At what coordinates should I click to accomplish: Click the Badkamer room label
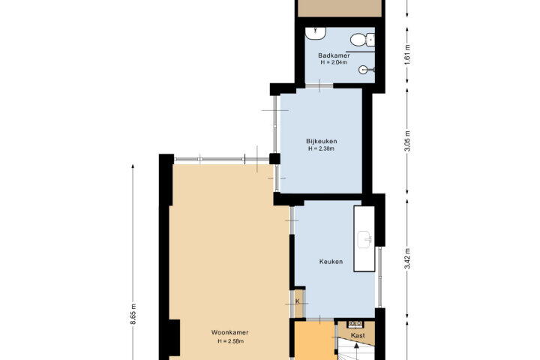(334, 55)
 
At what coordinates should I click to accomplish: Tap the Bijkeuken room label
(321, 141)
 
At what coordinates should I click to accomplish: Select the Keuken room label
(331, 262)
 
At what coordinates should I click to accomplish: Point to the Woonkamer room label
(229, 333)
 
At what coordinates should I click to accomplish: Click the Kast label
(358, 335)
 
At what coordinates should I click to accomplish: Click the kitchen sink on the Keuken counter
(364, 240)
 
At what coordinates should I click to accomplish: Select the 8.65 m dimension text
(133, 313)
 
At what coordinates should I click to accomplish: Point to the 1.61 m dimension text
(407, 55)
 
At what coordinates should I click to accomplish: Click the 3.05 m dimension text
(407, 141)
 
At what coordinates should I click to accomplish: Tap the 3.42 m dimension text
(407, 259)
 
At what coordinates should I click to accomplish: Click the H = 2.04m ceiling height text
(334, 62)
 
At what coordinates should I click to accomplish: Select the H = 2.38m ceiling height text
(321, 148)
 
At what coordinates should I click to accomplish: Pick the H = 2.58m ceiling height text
(230, 341)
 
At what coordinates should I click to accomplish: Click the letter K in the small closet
(298, 301)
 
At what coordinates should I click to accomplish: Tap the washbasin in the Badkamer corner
(316, 34)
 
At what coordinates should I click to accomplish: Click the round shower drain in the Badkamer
(363, 70)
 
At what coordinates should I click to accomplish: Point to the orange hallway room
(314, 341)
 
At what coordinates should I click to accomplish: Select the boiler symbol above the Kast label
(355, 324)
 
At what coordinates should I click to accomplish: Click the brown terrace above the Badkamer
(340, 8)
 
